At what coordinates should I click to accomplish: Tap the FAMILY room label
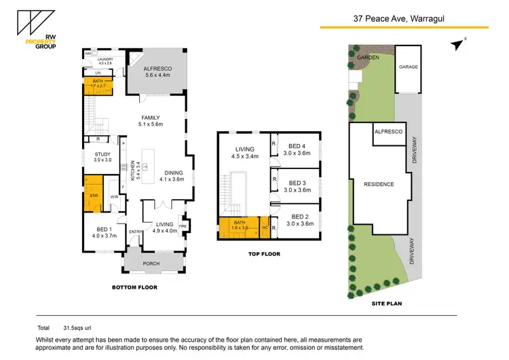pos(150,118)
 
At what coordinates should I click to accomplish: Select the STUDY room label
pos(102,154)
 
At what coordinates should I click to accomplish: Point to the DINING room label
pos(172,172)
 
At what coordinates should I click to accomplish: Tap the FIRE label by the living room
pos(183,225)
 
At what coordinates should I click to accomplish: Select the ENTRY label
pos(136,232)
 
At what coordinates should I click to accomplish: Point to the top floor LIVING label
pos(244,149)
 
